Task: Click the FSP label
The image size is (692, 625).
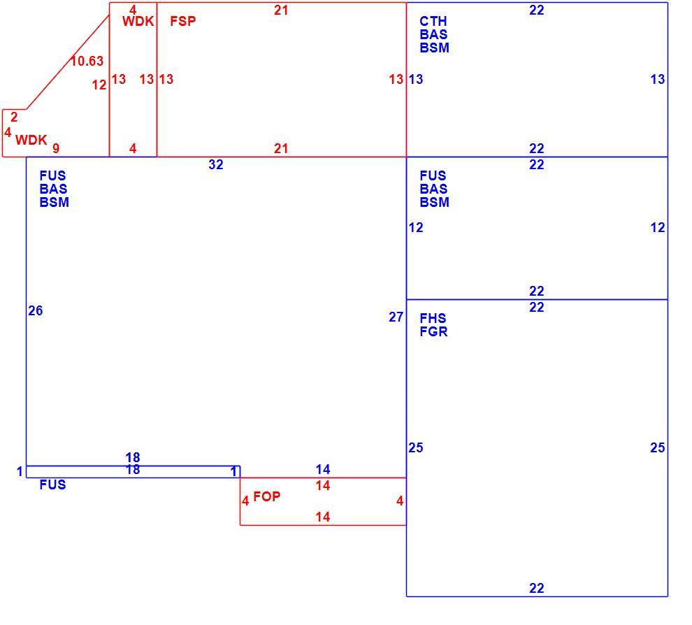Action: (182, 21)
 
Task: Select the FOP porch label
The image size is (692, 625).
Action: (266, 496)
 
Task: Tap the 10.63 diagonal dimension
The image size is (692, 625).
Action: (87, 61)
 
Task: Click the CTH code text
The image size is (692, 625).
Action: (433, 21)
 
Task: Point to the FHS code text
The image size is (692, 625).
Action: (433, 318)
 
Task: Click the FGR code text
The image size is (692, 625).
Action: (433, 331)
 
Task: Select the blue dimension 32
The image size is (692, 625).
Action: (216, 164)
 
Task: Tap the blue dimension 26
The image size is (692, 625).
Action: (36, 310)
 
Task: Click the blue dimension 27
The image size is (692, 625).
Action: (396, 317)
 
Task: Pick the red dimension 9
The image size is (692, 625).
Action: (56, 148)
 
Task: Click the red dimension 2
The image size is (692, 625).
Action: (14, 117)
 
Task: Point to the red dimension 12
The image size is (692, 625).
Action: (99, 85)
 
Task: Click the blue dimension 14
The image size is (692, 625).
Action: (323, 469)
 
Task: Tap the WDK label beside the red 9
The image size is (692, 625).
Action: (31, 140)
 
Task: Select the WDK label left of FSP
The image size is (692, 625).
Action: (138, 21)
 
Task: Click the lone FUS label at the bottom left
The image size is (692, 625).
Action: (52, 484)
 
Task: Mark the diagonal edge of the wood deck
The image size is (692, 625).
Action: (68, 62)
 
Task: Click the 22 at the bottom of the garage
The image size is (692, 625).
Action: (537, 588)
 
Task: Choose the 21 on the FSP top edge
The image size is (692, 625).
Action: (281, 10)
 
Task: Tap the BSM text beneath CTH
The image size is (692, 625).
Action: (434, 48)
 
